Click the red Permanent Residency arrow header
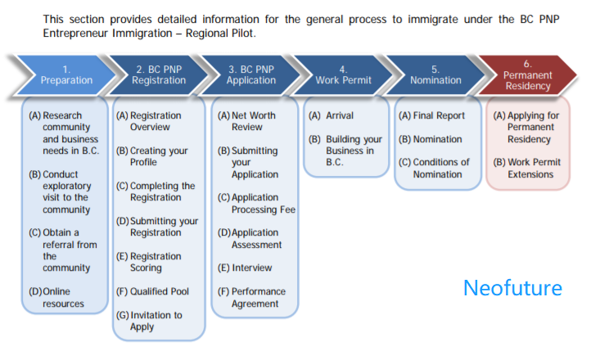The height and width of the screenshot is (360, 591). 528,75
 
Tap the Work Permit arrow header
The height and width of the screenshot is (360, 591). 343,75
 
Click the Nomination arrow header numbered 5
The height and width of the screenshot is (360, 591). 435,75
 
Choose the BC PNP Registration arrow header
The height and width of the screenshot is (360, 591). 159,75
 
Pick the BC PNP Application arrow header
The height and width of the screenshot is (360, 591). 251,75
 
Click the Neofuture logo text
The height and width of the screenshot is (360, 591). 512,288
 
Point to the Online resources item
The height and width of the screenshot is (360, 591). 56,298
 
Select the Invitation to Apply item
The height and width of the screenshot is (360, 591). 149,321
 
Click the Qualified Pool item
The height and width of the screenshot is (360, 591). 152,291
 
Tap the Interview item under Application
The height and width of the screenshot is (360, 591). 245,268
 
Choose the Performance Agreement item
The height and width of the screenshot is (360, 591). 251,298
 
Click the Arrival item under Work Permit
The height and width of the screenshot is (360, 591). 331,115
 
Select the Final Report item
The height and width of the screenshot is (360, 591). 431,115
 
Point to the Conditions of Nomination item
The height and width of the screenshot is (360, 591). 434,168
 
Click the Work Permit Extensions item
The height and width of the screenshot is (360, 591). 527,168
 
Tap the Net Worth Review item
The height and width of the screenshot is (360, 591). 246,121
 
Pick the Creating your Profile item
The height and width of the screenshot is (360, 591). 152,156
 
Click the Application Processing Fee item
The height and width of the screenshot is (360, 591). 256,204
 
